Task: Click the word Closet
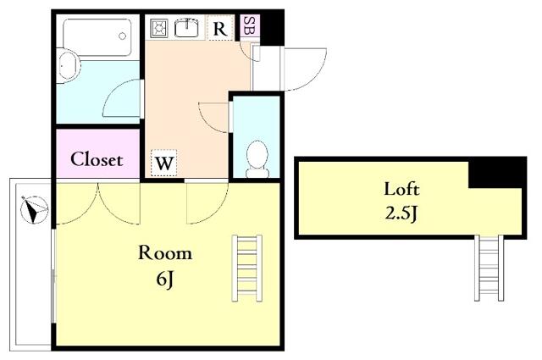pos(97,159)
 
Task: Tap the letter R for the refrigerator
pos(220,29)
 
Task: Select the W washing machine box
pos(163,163)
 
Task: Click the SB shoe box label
pos(246,25)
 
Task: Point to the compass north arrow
pos(34,210)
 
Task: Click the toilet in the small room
pos(257,159)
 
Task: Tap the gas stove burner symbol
pos(159,28)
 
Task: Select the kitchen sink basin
pos(186,28)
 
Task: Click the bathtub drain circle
pos(122,36)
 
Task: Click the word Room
pos(165,252)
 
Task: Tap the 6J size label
pos(164,279)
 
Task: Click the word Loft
pos(401,189)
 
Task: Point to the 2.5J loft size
pos(401,213)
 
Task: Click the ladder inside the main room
pos(246,268)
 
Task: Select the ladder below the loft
pos(489,268)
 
